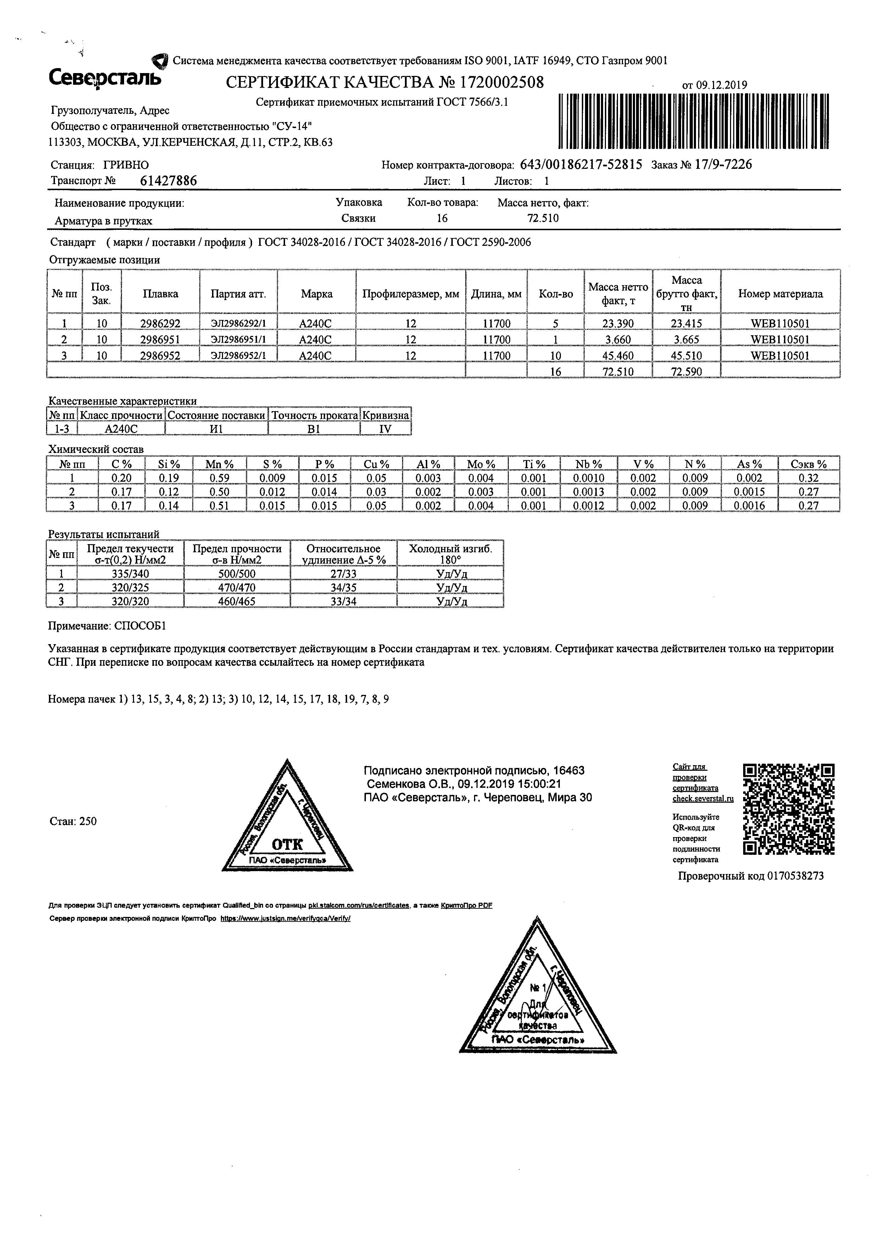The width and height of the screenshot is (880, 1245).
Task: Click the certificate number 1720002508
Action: point(502,82)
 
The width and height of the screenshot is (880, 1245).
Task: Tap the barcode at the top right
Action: point(694,121)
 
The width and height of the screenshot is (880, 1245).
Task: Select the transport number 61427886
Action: point(168,181)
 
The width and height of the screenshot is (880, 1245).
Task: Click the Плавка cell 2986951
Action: point(160,339)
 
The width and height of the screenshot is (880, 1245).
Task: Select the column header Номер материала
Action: point(780,294)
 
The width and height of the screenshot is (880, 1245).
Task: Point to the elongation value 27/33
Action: point(344,574)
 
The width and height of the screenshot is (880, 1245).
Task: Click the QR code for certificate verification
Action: point(789,809)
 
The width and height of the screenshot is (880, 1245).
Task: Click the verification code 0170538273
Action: point(795,876)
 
